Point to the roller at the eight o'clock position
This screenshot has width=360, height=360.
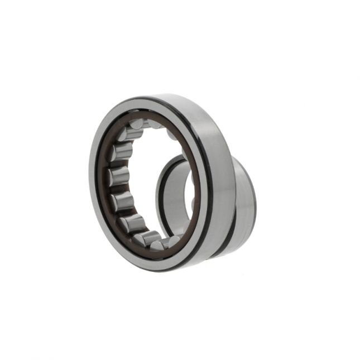pyautogui.click(x=123, y=201)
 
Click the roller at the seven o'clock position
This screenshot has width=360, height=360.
pyautogui.click(x=134, y=223)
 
